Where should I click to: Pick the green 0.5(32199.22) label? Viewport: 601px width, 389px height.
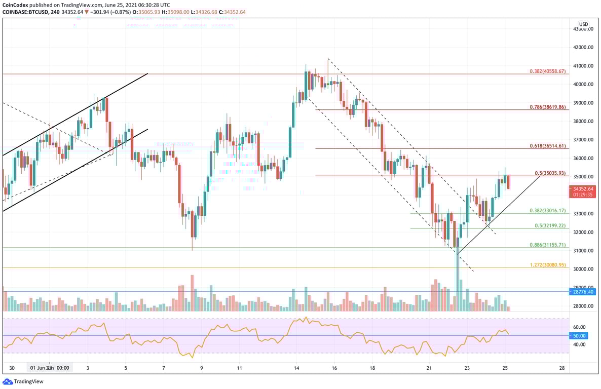(x=549, y=225)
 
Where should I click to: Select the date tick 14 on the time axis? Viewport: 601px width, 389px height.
(x=296, y=368)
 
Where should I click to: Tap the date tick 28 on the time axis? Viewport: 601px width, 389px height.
(x=562, y=368)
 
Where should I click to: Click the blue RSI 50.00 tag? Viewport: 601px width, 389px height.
(x=580, y=336)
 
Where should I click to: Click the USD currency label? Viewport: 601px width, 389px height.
(x=584, y=24)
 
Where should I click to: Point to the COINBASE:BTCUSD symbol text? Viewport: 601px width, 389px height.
(x=26, y=12)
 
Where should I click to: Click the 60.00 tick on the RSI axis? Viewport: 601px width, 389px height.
(x=580, y=327)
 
